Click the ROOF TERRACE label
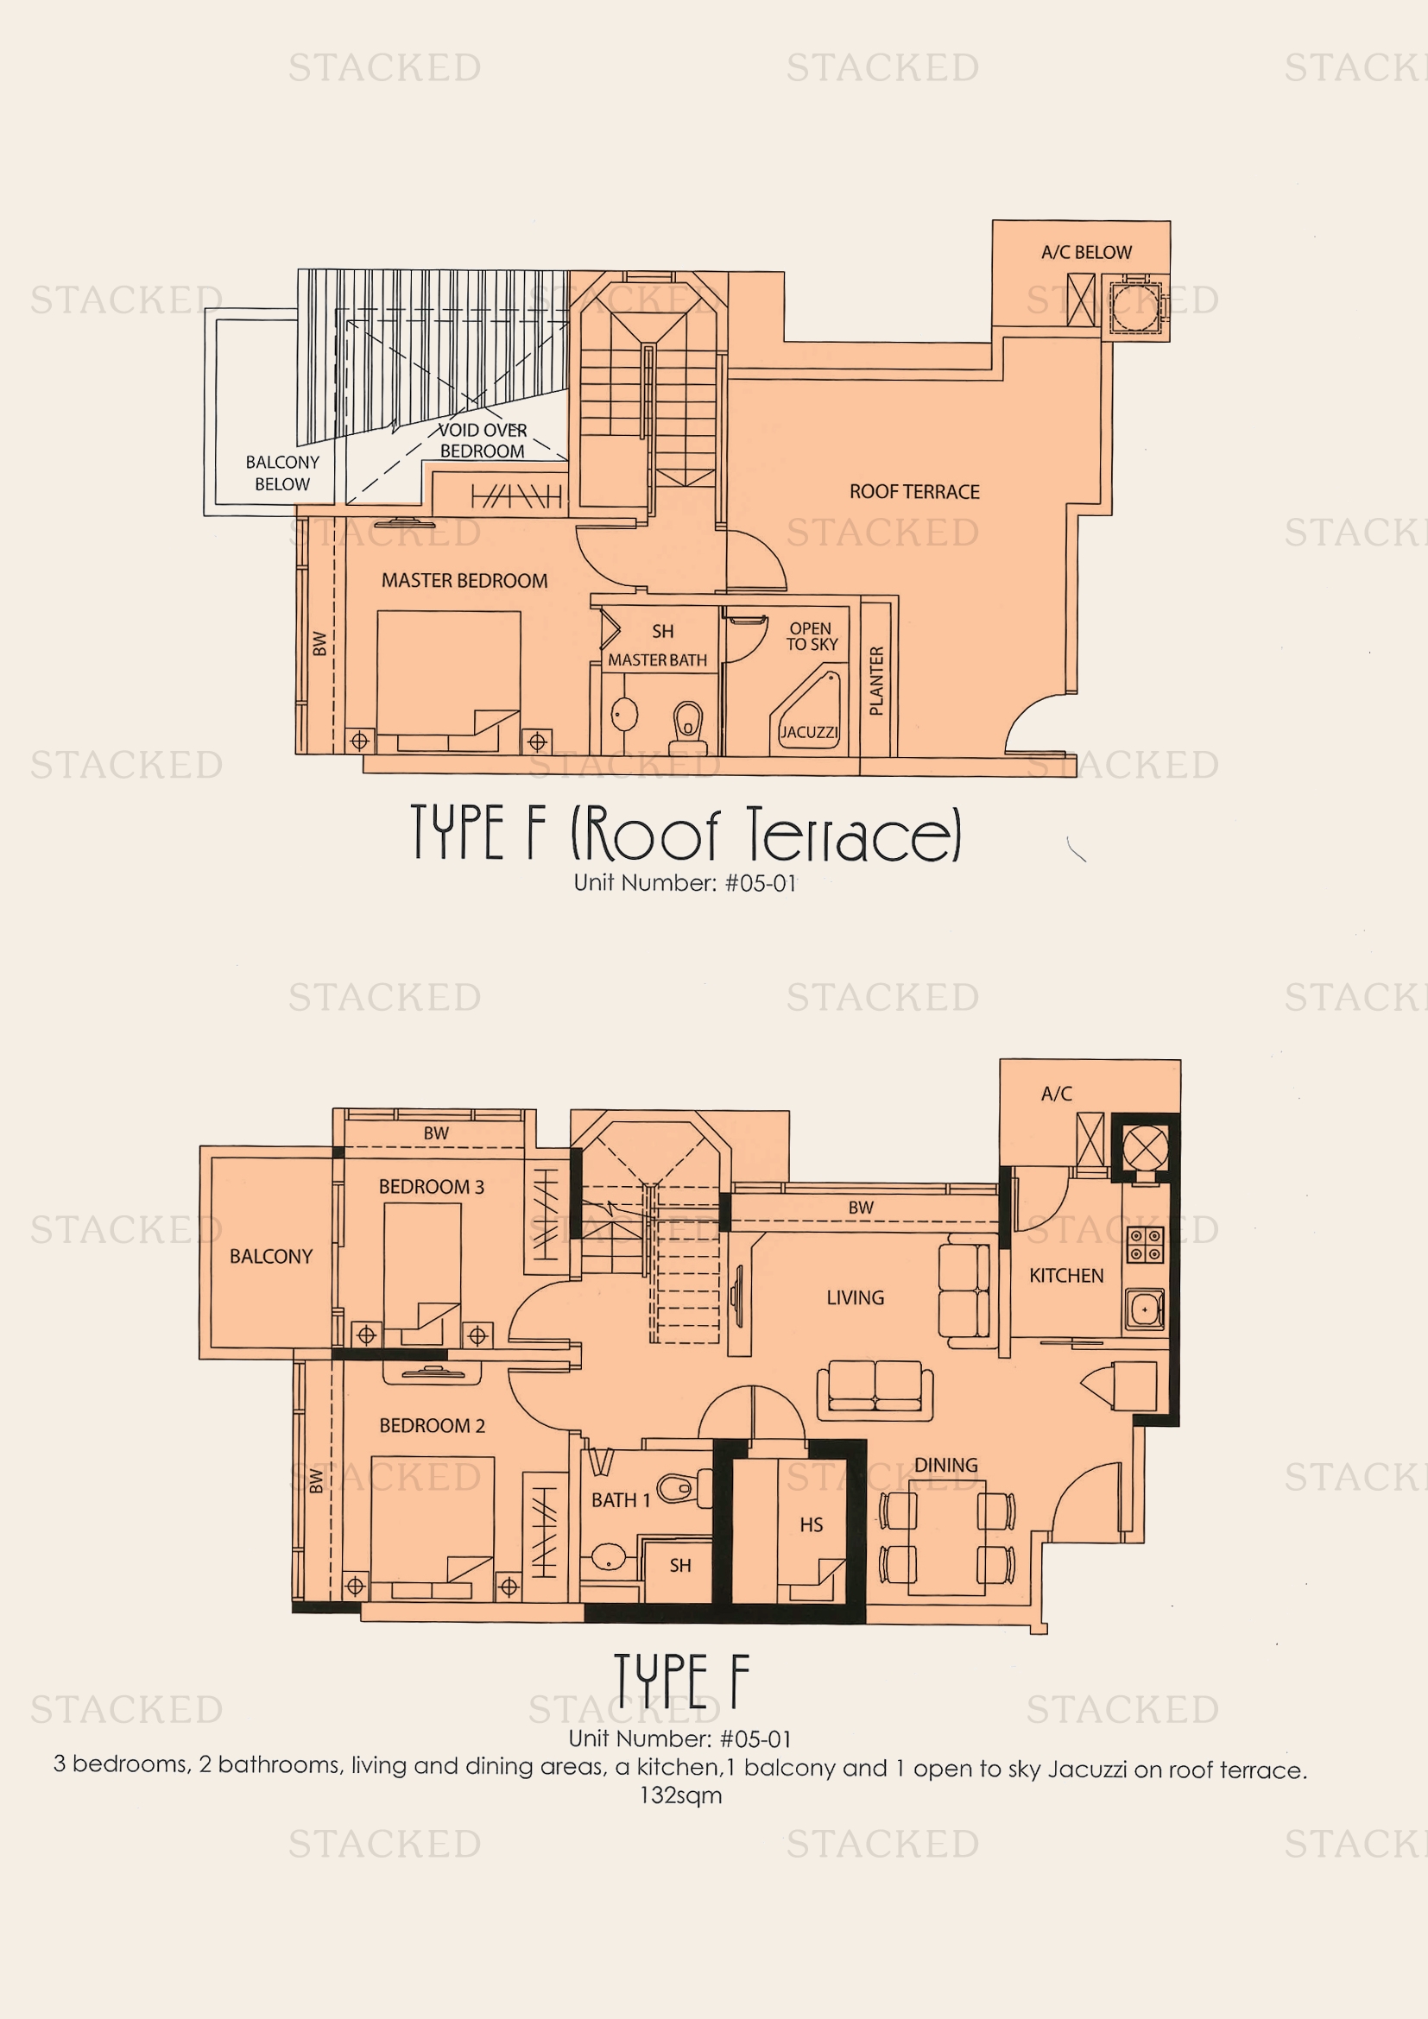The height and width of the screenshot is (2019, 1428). coord(913,491)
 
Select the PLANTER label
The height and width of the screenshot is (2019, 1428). coord(876,682)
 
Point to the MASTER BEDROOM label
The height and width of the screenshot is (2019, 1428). coord(464,580)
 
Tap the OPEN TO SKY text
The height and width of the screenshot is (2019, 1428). coord(811,637)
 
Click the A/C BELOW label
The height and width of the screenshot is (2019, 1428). coord(1086,252)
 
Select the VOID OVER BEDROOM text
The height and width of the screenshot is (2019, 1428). coord(482,440)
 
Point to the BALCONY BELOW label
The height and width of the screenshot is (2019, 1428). coord(282,473)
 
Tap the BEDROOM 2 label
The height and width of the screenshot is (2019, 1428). coord(432,1425)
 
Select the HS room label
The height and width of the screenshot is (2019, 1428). coord(811,1524)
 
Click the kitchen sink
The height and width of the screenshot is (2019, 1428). coord(1144,1309)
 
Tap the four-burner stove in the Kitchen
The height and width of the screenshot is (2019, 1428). coord(1146,1246)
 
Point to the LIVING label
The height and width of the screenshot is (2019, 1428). coord(855,1298)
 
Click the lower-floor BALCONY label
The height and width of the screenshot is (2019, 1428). coord(271,1257)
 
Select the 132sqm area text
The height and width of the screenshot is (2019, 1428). coord(680,1795)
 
